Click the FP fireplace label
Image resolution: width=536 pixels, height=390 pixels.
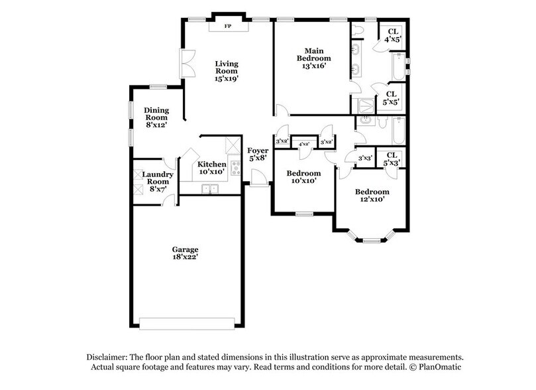coord(228,27)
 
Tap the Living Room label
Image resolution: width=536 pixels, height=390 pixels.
coord(226,71)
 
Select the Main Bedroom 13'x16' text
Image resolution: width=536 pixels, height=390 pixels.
coord(313,58)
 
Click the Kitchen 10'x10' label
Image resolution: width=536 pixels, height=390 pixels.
coord(212,167)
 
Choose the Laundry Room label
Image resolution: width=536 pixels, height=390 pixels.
coord(159,182)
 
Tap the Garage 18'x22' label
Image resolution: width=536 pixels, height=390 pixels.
coord(186,253)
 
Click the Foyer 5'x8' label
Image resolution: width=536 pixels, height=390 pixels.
coord(258,154)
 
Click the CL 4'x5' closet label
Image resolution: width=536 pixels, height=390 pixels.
coord(392,35)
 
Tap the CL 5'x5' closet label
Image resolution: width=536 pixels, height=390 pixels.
coord(391,99)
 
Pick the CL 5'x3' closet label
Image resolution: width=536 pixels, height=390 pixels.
coord(392,159)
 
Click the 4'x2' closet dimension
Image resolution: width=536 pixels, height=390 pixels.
coord(305,143)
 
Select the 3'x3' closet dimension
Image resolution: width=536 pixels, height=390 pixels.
coord(364,159)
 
